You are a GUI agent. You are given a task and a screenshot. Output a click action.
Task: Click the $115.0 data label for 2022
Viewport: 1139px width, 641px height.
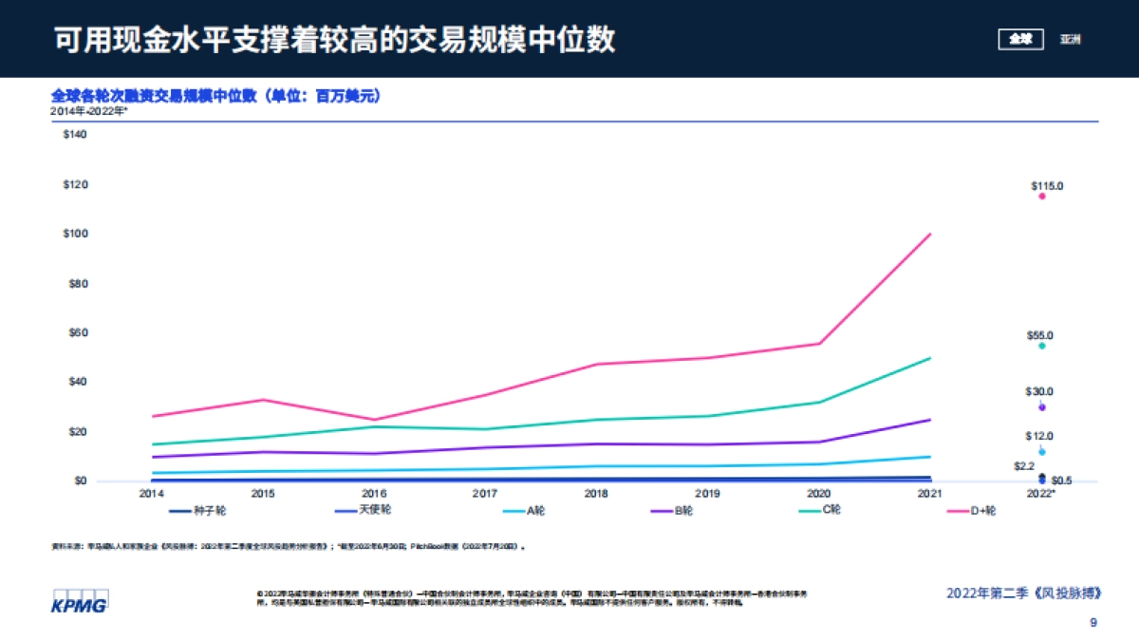point(1047,186)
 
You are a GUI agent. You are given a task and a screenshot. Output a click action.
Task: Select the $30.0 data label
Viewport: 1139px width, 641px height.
point(1038,391)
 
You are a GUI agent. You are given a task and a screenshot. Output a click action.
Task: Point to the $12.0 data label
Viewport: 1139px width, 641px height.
point(1038,436)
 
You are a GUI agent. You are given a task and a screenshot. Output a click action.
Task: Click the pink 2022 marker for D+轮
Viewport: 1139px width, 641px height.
point(1041,197)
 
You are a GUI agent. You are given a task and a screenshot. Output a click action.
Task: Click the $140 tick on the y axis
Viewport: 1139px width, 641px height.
point(74,135)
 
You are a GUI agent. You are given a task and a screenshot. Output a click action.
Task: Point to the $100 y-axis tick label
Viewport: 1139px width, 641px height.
point(74,234)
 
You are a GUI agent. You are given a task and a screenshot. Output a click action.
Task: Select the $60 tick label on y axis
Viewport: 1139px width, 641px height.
point(74,332)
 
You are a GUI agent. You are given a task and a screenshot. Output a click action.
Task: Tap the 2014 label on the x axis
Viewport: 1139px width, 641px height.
point(151,494)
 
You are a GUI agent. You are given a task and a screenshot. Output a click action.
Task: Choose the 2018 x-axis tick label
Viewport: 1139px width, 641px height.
point(596,494)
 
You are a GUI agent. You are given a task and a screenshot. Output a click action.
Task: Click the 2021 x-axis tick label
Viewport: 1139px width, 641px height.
point(929,494)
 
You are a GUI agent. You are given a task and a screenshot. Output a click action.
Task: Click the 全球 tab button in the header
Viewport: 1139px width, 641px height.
point(1020,39)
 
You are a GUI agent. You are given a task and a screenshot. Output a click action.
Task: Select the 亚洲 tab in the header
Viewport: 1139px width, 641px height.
point(1070,39)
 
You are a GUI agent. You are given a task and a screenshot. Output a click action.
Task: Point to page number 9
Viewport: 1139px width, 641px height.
point(1093,623)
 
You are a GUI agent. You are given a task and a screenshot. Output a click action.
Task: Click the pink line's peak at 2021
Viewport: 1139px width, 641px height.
point(929,234)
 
